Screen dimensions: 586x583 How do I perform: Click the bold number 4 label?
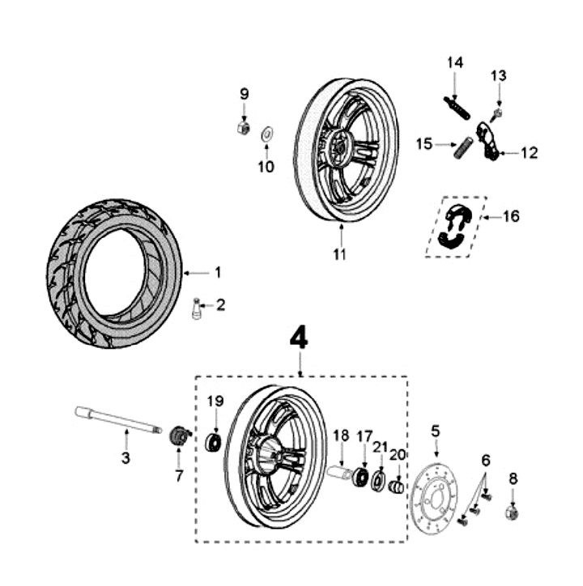point(300,338)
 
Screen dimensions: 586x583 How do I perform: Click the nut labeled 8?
point(512,511)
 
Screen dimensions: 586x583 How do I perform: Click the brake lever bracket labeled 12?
point(486,142)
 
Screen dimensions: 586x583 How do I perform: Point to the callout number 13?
point(497,75)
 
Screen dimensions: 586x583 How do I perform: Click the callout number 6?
point(486,460)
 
